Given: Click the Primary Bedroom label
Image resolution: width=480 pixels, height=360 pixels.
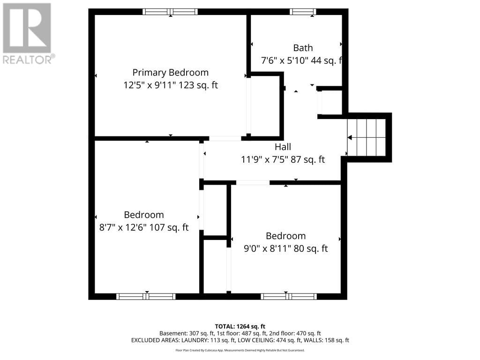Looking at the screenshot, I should click(170, 73).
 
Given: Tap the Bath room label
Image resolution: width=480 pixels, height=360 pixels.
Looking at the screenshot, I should click(303, 48).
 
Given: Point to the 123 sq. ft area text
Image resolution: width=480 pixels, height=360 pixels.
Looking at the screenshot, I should click(197, 85).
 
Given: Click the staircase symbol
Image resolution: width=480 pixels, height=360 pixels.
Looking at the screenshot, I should click(367, 137).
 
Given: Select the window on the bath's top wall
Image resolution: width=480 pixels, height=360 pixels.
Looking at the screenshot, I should click(303, 12).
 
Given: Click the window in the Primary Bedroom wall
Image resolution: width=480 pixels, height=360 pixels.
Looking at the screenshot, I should click(170, 12).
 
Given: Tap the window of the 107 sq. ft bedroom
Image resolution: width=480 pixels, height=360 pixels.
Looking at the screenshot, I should click(146, 296).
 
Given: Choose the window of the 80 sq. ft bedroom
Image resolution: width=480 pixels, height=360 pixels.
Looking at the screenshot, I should click(289, 296).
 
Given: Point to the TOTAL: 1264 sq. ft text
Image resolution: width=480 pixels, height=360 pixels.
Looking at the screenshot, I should click(240, 326).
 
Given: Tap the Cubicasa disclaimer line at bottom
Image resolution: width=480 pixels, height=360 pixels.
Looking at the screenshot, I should click(240, 350).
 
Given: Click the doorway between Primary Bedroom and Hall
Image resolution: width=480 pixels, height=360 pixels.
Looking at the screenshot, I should click(225, 138).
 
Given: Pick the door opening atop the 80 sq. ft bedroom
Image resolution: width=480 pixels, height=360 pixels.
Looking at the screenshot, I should click(253, 182).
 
